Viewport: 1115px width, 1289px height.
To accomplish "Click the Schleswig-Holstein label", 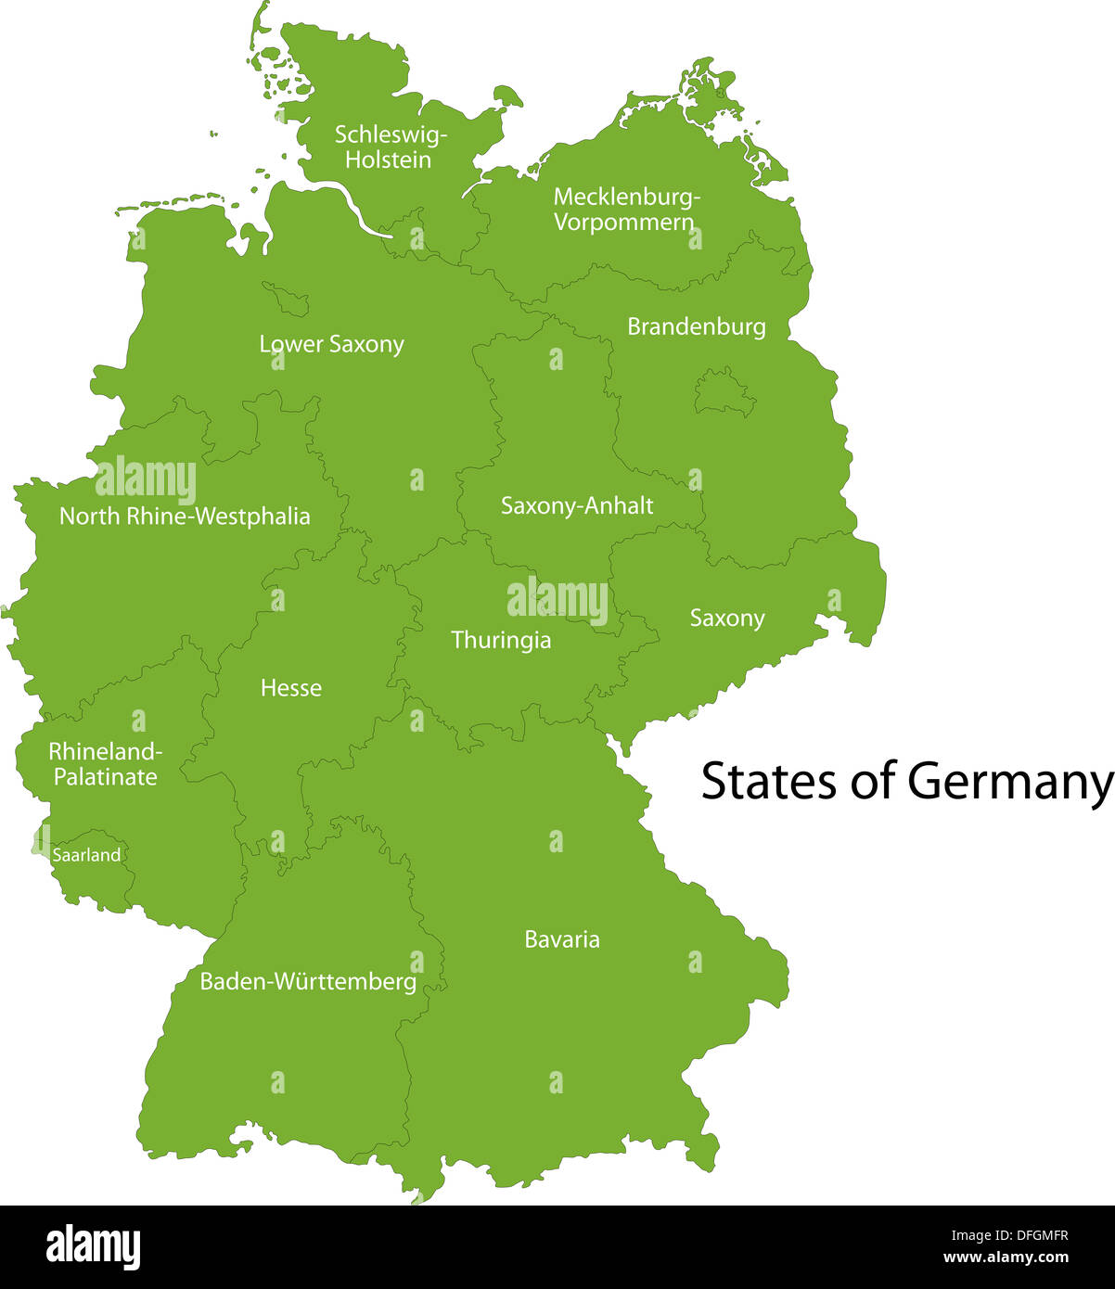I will point(390,147).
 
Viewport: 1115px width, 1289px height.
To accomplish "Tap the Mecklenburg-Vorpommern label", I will point(626,210).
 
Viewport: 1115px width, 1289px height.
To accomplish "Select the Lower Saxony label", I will point(331,345).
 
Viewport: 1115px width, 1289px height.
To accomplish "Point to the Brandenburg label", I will point(696,326).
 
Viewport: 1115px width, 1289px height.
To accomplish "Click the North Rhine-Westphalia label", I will point(185,517).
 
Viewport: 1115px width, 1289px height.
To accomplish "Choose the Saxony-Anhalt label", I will point(577,506).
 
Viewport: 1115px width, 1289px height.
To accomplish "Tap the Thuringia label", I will point(501,640).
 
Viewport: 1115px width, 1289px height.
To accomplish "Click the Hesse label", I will point(291,688).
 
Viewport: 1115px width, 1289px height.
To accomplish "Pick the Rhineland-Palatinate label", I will point(105,763).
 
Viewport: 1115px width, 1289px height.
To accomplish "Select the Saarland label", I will point(86,855).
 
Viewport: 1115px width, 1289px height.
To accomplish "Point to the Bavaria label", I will point(562,939).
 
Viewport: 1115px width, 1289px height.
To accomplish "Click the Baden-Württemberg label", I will point(308,981).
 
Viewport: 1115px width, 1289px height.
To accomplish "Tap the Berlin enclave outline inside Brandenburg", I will point(724,393).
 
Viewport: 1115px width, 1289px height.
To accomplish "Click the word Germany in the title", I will point(1009,782).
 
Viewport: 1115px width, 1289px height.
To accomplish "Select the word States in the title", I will point(769,782).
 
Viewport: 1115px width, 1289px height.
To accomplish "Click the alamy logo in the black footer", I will point(93,1247).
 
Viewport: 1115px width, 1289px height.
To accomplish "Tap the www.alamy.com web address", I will point(1006,1258).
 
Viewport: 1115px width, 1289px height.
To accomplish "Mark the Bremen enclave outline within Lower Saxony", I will point(288,299).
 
